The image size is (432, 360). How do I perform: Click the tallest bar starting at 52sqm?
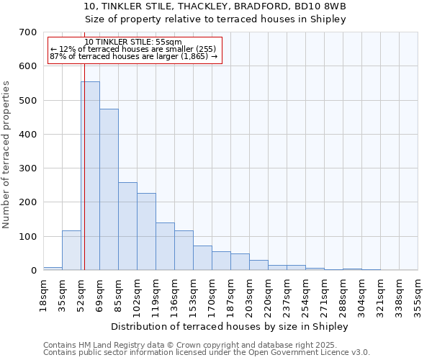[x=90, y=176]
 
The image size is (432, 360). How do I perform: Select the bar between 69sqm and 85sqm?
[x=109, y=190]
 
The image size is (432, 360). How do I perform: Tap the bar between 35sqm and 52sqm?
[x=71, y=251]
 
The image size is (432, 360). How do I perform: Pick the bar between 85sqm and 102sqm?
[x=127, y=227]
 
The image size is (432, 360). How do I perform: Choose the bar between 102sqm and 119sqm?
[x=146, y=232]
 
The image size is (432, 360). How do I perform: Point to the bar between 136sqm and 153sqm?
[x=184, y=251]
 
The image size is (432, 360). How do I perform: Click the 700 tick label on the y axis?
[x=27, y=32]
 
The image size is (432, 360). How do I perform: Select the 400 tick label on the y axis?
[x=27, y=135]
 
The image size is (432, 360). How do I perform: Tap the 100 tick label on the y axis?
[x=27, y=237]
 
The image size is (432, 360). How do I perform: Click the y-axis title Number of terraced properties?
[x=6, y=154]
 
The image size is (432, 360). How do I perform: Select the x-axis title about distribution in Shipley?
[x=230, y=327]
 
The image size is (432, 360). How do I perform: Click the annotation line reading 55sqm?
[x=133, y=42]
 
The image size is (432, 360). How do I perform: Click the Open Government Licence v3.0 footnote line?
[x=207, y=353]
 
